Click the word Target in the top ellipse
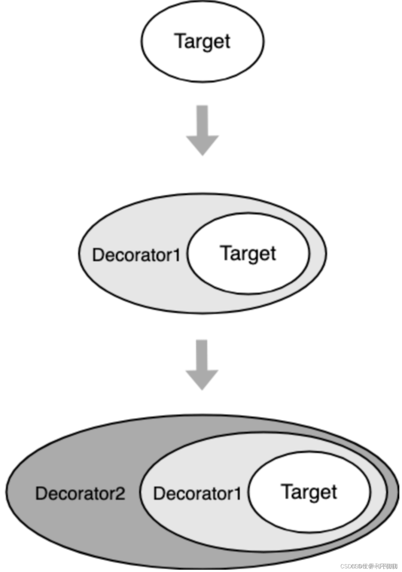202,41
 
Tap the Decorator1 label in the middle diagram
136,255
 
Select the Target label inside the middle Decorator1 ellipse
248,254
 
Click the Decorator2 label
80,493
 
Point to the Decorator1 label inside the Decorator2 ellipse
197,493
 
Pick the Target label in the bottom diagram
309,492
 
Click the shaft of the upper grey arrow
202,120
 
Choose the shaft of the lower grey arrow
202,355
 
